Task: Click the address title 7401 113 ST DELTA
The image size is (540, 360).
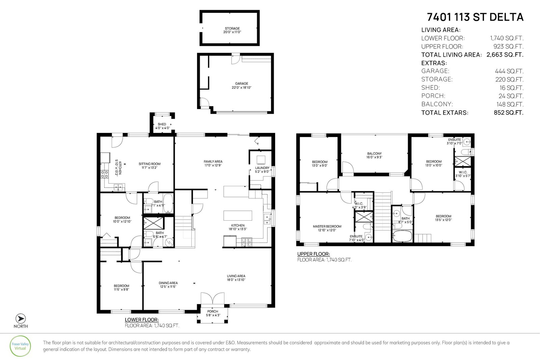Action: pyautogui.click(x=475, y=17)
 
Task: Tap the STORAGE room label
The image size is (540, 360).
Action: pyautogui.click(x=232, y=28)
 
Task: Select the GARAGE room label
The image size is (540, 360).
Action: pyautogui.click(x=242, y=84)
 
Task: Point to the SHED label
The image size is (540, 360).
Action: pyautogui.click(x=162, y=124)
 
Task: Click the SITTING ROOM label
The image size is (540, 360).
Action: pyautogui.click(x=150, y=164)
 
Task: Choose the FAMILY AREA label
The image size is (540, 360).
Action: pyautogui.click(x=213, y=162)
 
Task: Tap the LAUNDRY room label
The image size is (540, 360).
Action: pyautogui.click(x=262, y=168)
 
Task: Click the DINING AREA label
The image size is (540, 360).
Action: pyautogui.click(x=168, y=283)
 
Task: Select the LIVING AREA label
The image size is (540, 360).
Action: pyautogui.click(x=236, y=276)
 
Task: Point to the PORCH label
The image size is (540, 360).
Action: pyautogui.click(x=212, y=311)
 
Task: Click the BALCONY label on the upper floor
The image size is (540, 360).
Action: pyautogui.click(x=374, y=154)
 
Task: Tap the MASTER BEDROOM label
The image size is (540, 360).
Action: pyautogui.click(x=327, y=226)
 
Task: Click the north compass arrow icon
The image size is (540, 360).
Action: pyautogui.click(x=21, y=319)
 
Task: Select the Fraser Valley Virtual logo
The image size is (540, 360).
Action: pyautogui.click(x=20, y=346)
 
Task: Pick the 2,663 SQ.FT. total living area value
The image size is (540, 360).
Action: pyautogui.click(x=505, y=55)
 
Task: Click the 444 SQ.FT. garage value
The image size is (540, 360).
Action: pyautogui.click(x=509, y=71)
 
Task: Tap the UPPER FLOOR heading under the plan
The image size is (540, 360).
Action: pyautogui.click(x=314, y=254)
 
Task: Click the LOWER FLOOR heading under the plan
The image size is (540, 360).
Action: pyautogui.click(x=141, y=320)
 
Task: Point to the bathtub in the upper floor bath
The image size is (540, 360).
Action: pyautogui.click(x=402, y=236)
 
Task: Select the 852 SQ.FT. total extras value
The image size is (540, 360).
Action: pyautogui.click(x=508, y=113)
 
